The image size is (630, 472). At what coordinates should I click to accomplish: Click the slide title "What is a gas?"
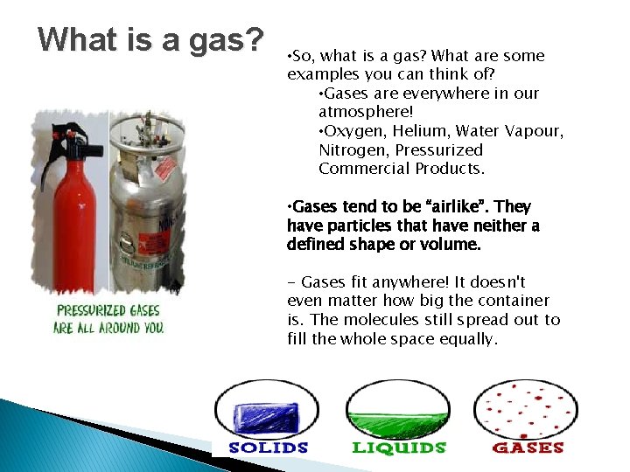coord(150,39)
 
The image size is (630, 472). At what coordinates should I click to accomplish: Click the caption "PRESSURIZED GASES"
coord(109,310)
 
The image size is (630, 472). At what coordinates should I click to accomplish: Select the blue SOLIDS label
coord(269,448)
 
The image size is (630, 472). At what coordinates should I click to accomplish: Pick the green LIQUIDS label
coord(399,448)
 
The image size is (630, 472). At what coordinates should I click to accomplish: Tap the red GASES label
coord(528,448)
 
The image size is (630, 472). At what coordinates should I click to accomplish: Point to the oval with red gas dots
coord(526,408)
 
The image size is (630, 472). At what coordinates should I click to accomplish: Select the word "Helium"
coord(417,131)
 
